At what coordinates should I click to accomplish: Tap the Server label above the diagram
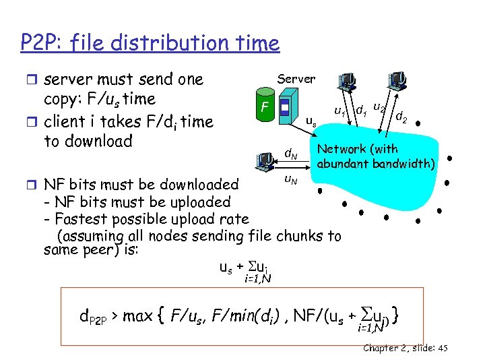pos(296,78)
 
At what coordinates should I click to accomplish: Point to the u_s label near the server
pos(311,122)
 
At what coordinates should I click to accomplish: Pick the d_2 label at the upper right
pos(401,117)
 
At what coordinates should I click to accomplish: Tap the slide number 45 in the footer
pos(442,348)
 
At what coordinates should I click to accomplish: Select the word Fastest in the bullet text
pos(80,219)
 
